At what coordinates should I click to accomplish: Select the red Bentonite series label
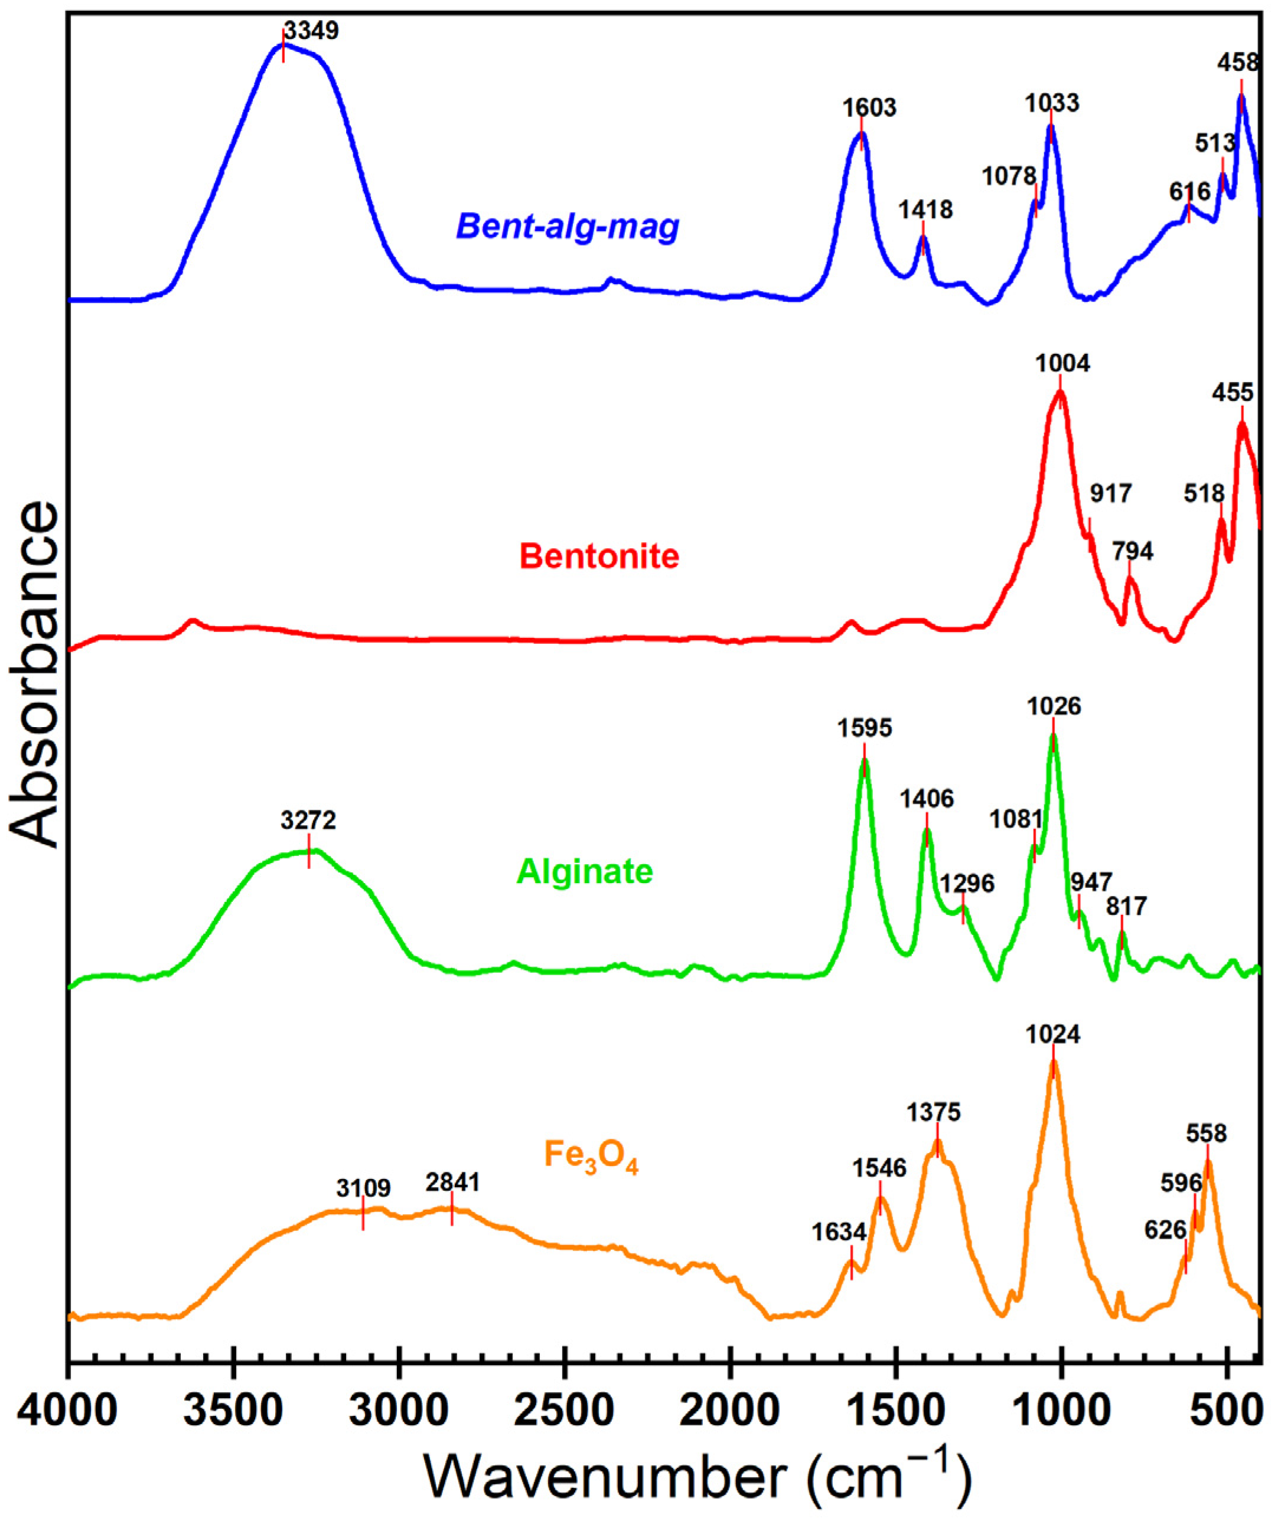(x=599, y=556)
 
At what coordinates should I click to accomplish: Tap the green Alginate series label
(x=585, y=871)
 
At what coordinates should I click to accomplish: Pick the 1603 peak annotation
(x=869, y=109)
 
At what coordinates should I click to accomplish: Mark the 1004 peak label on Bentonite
(x=1063, y=364)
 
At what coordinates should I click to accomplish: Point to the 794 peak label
(x=1133, y=552)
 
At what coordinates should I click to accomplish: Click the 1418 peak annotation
(x=925, y=210)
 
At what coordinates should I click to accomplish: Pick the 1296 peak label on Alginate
(x=967, y=884)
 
